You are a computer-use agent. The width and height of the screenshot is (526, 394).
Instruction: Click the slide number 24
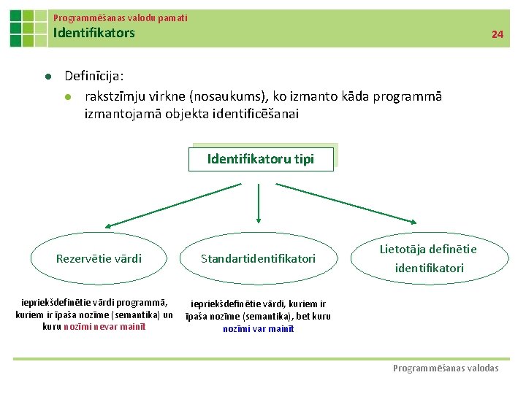(x=498, y=34)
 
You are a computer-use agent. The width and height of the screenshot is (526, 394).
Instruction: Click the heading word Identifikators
(x=94, y=33)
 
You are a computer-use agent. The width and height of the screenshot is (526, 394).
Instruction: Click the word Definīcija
(x=94, y=76)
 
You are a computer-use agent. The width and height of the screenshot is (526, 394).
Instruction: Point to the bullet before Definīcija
(x=47, y=77)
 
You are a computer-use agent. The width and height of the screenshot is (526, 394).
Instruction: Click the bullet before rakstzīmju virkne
(x=68, y=97)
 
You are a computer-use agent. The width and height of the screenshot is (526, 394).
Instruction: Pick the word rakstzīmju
(x=115, y=96)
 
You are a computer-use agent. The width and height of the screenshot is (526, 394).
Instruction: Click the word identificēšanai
(x=245, y=114)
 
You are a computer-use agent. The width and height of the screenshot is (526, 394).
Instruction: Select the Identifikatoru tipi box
(x=261, y=159)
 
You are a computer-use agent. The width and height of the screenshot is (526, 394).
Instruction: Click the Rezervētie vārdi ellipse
(x=99, y=258)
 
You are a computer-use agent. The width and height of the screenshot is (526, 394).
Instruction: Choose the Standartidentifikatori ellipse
(x=258, y=258)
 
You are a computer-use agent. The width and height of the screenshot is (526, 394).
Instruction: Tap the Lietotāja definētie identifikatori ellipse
(x=428, y=258)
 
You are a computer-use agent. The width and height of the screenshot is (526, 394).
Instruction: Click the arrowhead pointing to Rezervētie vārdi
(x=108, y=226)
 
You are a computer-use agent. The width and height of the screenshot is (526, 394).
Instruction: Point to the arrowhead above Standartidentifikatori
(x=259, y=218)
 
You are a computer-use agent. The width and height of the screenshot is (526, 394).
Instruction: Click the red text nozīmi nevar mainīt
(x=105, y=326)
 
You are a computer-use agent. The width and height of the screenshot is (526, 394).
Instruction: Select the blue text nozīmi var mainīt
(x=259, y=328)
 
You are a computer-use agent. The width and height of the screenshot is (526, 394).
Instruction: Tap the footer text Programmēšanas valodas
(x=446, y=368)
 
